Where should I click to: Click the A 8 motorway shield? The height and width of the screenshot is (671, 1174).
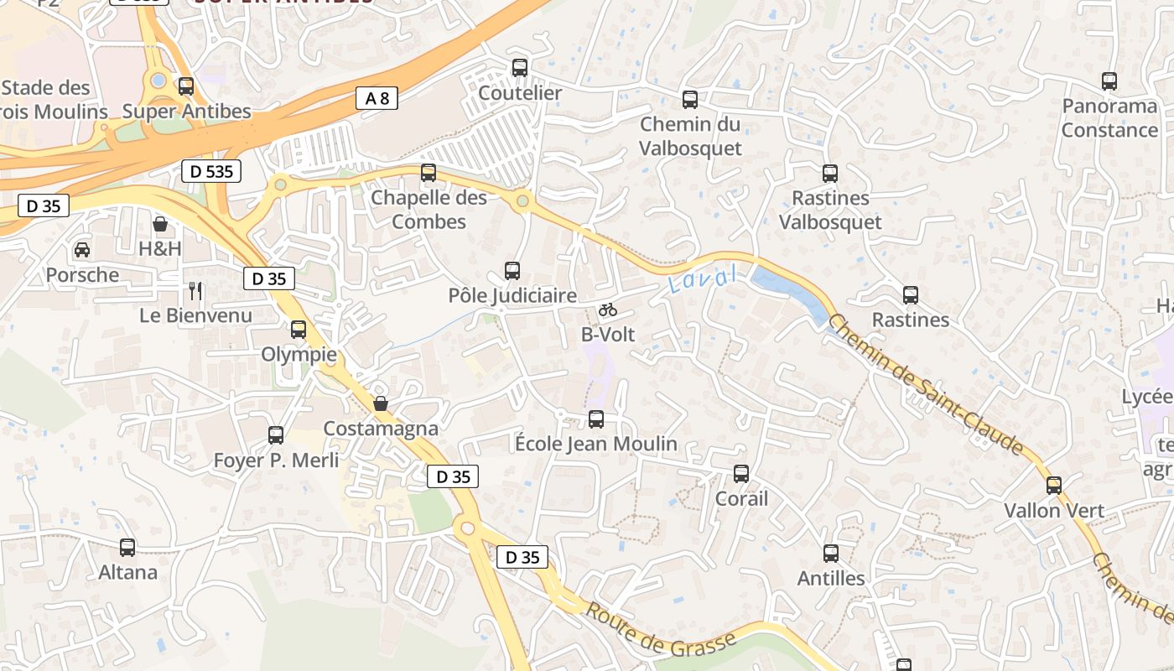click(x=377, y=98)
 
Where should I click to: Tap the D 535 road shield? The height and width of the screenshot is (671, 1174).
click(x=211, y=172)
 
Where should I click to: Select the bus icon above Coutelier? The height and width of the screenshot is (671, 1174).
click(x=520, y=68)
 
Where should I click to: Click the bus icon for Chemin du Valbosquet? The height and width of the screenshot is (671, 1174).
click(x=690, y=100)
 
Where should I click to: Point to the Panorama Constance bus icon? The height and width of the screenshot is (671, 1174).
click(x=1109, y=81)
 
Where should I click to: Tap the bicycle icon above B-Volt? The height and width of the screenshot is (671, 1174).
click(x=608, y=309)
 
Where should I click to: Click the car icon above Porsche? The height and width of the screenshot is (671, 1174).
click(x=82, y=250)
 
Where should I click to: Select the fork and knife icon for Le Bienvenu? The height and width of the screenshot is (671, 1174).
click(x=195, y=291)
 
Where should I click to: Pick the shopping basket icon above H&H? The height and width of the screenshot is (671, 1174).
click(x=160, y=224)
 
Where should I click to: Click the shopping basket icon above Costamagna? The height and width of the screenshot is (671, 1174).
click(x=381, y=403)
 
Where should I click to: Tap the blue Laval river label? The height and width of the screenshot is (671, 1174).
click(x=703, y=278)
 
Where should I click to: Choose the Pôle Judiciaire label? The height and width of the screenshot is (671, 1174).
click(x=512, y=295)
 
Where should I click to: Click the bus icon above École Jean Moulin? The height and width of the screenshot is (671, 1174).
click(x=596, y=419)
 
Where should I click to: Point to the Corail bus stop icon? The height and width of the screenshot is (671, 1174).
click(x=741, y=474)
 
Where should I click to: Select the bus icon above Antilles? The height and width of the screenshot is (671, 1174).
click(x=831, y=554)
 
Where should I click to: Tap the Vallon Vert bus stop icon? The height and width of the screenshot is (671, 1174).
click(x=1054, y=486)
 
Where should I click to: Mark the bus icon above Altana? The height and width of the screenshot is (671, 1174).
click(x=127, y=548)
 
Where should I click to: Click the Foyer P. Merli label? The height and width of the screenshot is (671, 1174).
click(x=276, y=460)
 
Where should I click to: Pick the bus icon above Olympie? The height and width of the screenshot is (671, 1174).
click(x=299, y=330)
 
